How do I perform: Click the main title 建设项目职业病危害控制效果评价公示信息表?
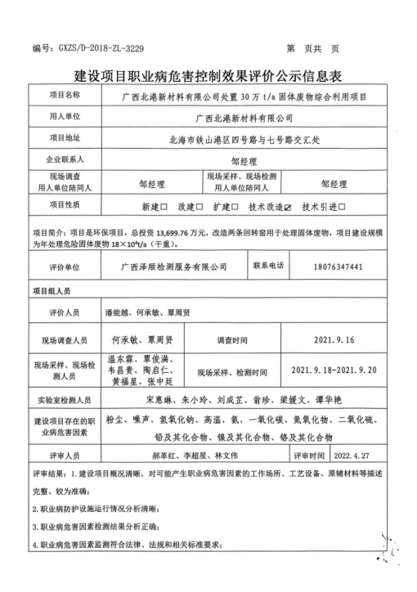tap(208, 75)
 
